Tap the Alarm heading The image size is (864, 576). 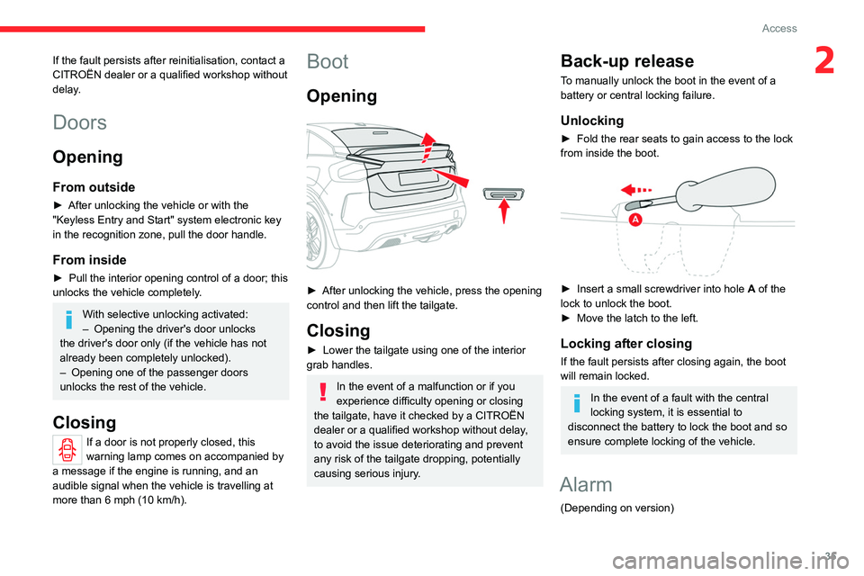tap(587, 484)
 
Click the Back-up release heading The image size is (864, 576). tap(627, 61)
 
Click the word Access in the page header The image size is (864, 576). tap(779, 28)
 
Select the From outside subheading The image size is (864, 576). tap(94, 187)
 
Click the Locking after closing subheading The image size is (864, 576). tap(626, 343)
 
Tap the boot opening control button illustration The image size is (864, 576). tap(503, 193)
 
